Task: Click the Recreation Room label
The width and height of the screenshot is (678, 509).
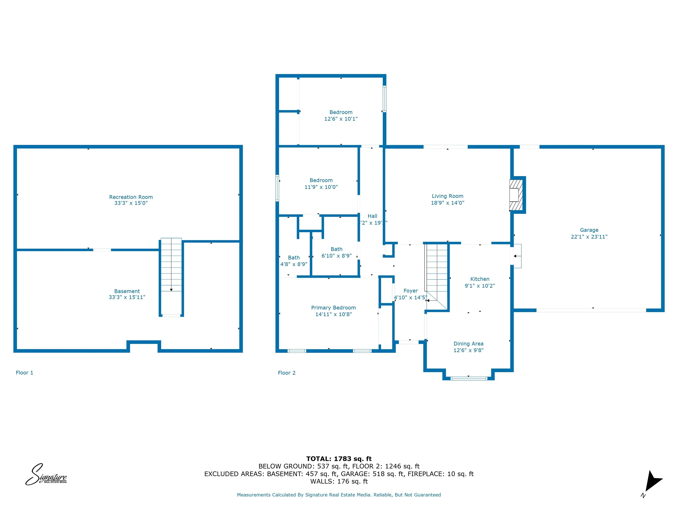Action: [131, 197]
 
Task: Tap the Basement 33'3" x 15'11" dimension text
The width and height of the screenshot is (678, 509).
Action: [127, 297]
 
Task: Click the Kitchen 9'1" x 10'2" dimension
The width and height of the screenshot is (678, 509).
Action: [480, 286]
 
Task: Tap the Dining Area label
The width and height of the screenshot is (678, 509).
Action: [468, 344]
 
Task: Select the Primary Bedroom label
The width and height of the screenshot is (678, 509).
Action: [333, 308]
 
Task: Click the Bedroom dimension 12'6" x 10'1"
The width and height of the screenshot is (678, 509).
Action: [341, 119]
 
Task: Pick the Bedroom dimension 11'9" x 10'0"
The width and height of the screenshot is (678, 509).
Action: [321, 187]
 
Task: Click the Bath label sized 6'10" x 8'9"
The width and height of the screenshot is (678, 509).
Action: [336, 249]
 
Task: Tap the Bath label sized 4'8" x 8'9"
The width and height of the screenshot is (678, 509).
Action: [294, 258]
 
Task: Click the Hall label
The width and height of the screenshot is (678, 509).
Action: [372, 216]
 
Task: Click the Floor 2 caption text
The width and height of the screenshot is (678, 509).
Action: [287, 373]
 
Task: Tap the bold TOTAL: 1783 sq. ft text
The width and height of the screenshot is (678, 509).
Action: [339, 459]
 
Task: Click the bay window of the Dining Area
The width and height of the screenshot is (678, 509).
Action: [469, 378]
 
